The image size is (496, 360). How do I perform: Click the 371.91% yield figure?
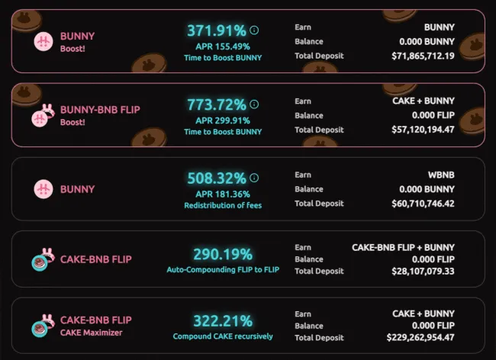(217, 31)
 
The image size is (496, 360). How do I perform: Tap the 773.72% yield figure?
(217, 104)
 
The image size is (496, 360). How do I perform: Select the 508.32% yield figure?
(217, 178)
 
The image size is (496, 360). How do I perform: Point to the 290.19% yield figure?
(223, 254)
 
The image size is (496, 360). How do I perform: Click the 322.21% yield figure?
(223, 320)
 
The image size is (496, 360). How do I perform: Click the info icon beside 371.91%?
(254, 31)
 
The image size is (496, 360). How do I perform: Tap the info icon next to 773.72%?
(254, 104)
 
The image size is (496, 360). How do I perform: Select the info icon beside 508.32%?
(254, 178)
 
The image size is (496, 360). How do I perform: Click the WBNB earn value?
(440, 175)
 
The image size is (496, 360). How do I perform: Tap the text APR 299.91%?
(222, 120)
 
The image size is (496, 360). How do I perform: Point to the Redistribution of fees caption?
(223, 205)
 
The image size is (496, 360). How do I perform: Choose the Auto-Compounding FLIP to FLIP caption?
(223, 269)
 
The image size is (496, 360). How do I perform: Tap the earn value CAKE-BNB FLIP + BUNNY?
(403, 247)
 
